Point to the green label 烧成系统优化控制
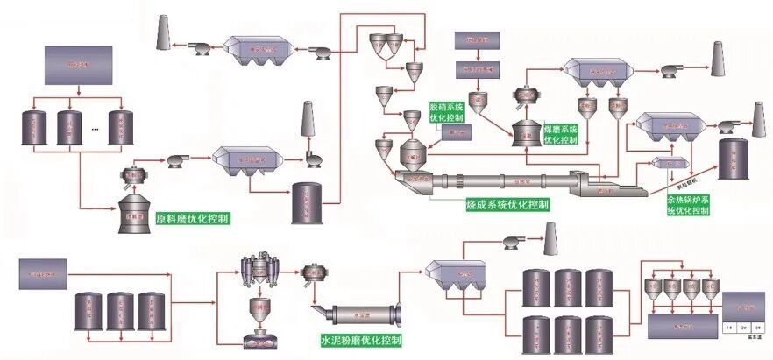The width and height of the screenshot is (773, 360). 507,205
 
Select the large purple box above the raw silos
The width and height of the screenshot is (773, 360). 78,65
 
